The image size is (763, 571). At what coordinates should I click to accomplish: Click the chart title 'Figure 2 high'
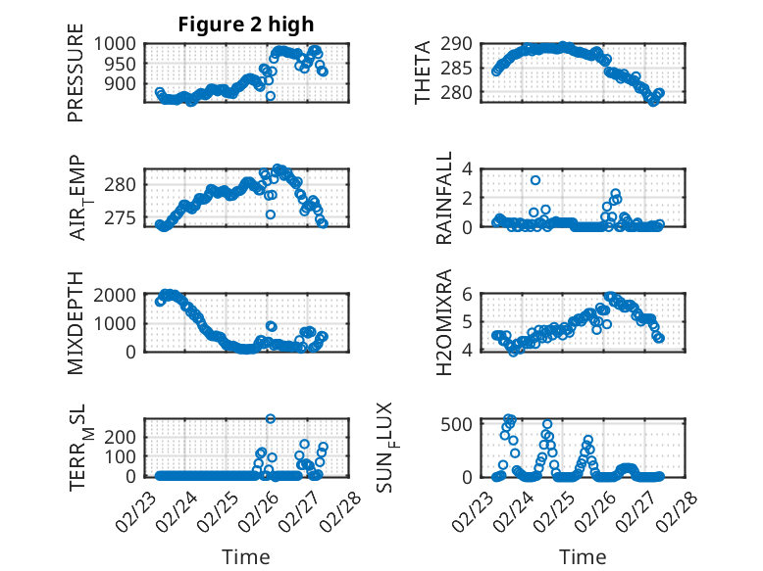245,24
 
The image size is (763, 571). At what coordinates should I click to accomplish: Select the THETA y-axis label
423,73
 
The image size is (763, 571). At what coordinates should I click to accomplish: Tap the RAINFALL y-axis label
444,198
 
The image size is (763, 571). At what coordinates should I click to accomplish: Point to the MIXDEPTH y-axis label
76,323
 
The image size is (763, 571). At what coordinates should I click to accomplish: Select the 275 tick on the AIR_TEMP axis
125,217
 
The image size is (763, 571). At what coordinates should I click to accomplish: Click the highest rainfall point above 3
535,180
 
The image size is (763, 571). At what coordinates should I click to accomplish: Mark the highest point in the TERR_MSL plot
271,419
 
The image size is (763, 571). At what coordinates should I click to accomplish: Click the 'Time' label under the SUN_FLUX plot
583,557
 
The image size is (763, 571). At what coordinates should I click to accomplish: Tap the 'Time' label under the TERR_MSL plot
245,557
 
